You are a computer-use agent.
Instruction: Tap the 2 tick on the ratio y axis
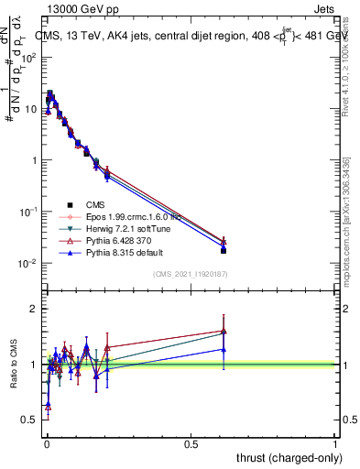(x=35, y=310)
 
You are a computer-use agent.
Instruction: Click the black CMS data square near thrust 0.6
(x=224, y=250)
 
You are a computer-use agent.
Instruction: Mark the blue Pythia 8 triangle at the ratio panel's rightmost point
(x=224, y=349)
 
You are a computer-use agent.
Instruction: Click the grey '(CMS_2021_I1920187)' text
(x=191, y=273)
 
